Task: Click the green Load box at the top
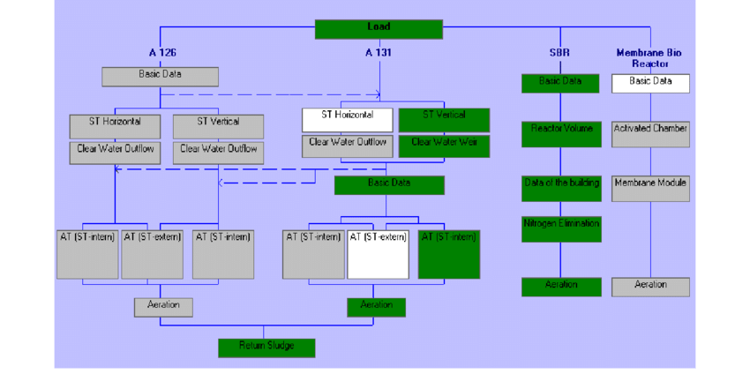[379, 29]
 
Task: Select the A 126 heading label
[163, 53]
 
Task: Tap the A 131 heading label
[379, 53]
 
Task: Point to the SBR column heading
[559, 53]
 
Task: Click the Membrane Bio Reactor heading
[649, 58]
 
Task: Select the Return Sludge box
[266, 347]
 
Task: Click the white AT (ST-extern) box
[379, 254]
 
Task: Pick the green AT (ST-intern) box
[449, 254]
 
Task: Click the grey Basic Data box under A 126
[160, 77]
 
